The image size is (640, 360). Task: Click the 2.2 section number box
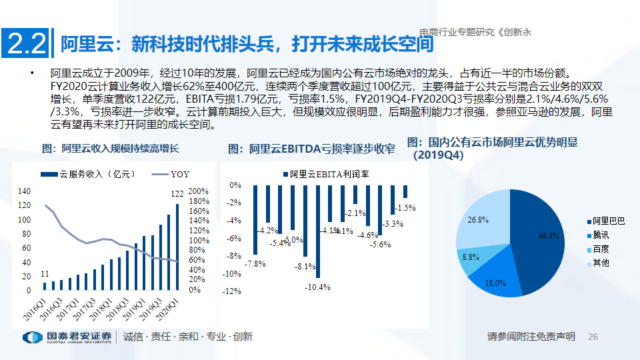[x=26, y=44]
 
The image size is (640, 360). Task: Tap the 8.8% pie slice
[x=470, y=257]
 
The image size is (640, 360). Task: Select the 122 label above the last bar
[x=178, y=193]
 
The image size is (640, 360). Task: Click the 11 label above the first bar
[x=44, y=274]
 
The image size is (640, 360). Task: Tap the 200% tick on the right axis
[x=199, y=191]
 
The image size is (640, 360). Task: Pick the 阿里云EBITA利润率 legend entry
[x=329, y=175]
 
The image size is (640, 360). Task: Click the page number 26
[x=593, y=337]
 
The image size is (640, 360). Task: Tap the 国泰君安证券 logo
[x=66, y=337]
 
